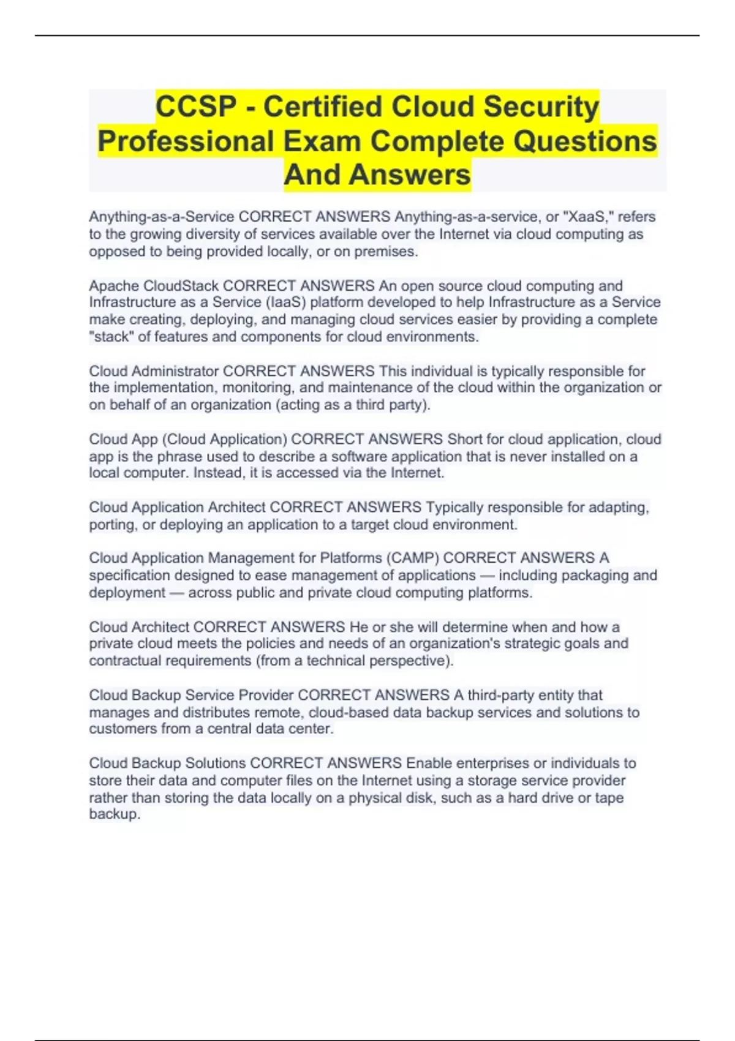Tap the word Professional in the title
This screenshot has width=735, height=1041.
[186, 141]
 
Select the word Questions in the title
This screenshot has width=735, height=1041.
[585, 141]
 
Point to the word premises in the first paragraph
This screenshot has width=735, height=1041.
[388, 251]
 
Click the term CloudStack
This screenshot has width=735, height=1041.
[181, 286]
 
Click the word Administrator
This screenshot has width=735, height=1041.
[175, 371]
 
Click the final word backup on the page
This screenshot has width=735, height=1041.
[114, 814]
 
